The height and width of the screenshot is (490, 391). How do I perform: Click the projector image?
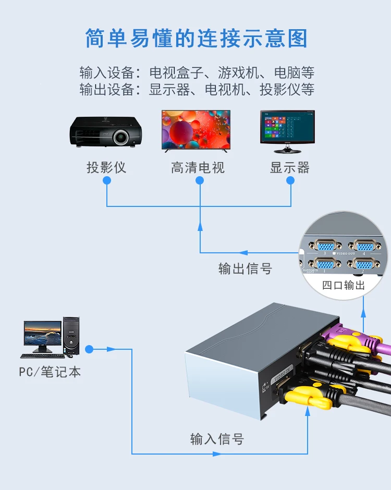[x=106, y=131]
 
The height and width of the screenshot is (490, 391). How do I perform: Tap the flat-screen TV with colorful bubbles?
[x=195, y=130]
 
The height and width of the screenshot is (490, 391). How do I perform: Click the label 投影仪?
[x=106, y=168]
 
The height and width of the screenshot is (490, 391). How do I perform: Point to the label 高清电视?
[x=198, y=168]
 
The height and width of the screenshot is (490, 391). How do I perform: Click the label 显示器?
[x=290, y=168]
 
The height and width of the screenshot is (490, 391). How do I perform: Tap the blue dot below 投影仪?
[x=107, y=180]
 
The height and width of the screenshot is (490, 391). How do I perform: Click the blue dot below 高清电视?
[x=200, y=180]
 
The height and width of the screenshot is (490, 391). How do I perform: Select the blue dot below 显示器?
[x=290, y=180]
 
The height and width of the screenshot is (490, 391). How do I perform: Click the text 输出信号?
[x=245, y=268]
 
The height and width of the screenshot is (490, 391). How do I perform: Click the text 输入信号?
[x=217, y=439]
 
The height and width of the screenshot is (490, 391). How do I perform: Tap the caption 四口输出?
[x=344, y=285]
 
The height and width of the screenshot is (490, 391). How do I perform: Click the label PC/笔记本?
[x=50, y=372]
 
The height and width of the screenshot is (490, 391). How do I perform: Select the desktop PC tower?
[x=71, y=335]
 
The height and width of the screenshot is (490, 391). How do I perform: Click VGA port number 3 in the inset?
[x=325, y=245]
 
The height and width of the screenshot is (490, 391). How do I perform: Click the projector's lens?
[x=121, y=137]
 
